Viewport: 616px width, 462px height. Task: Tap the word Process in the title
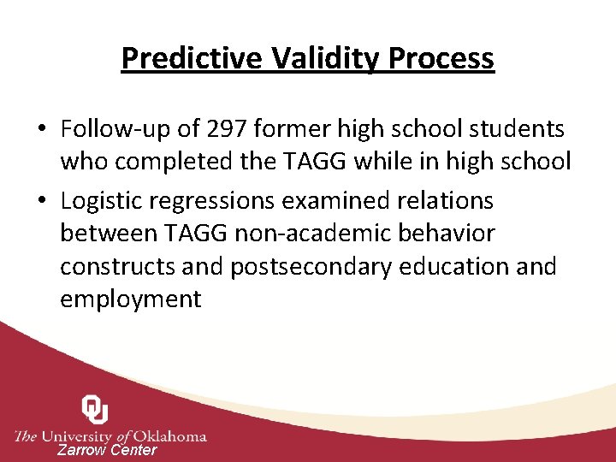441,58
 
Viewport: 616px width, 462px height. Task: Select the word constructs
118,266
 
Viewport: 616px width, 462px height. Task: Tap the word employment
130,299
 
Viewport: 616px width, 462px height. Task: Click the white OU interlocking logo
94,410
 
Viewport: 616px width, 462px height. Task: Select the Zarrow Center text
107,450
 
